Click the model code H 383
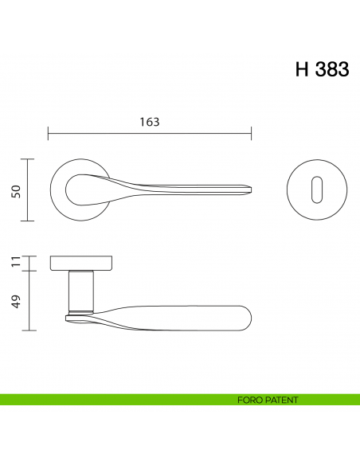[322, 69]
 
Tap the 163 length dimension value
[149, 122]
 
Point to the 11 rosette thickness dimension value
[14, 263]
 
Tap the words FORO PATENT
[268, 400]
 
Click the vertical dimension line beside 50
[29, 190]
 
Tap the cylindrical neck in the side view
[82, 290]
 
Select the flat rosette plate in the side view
[81, 263]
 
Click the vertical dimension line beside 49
[29, 300]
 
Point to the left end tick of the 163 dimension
[48, 132]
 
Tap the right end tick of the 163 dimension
[252, 132]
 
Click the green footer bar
[119, 400]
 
